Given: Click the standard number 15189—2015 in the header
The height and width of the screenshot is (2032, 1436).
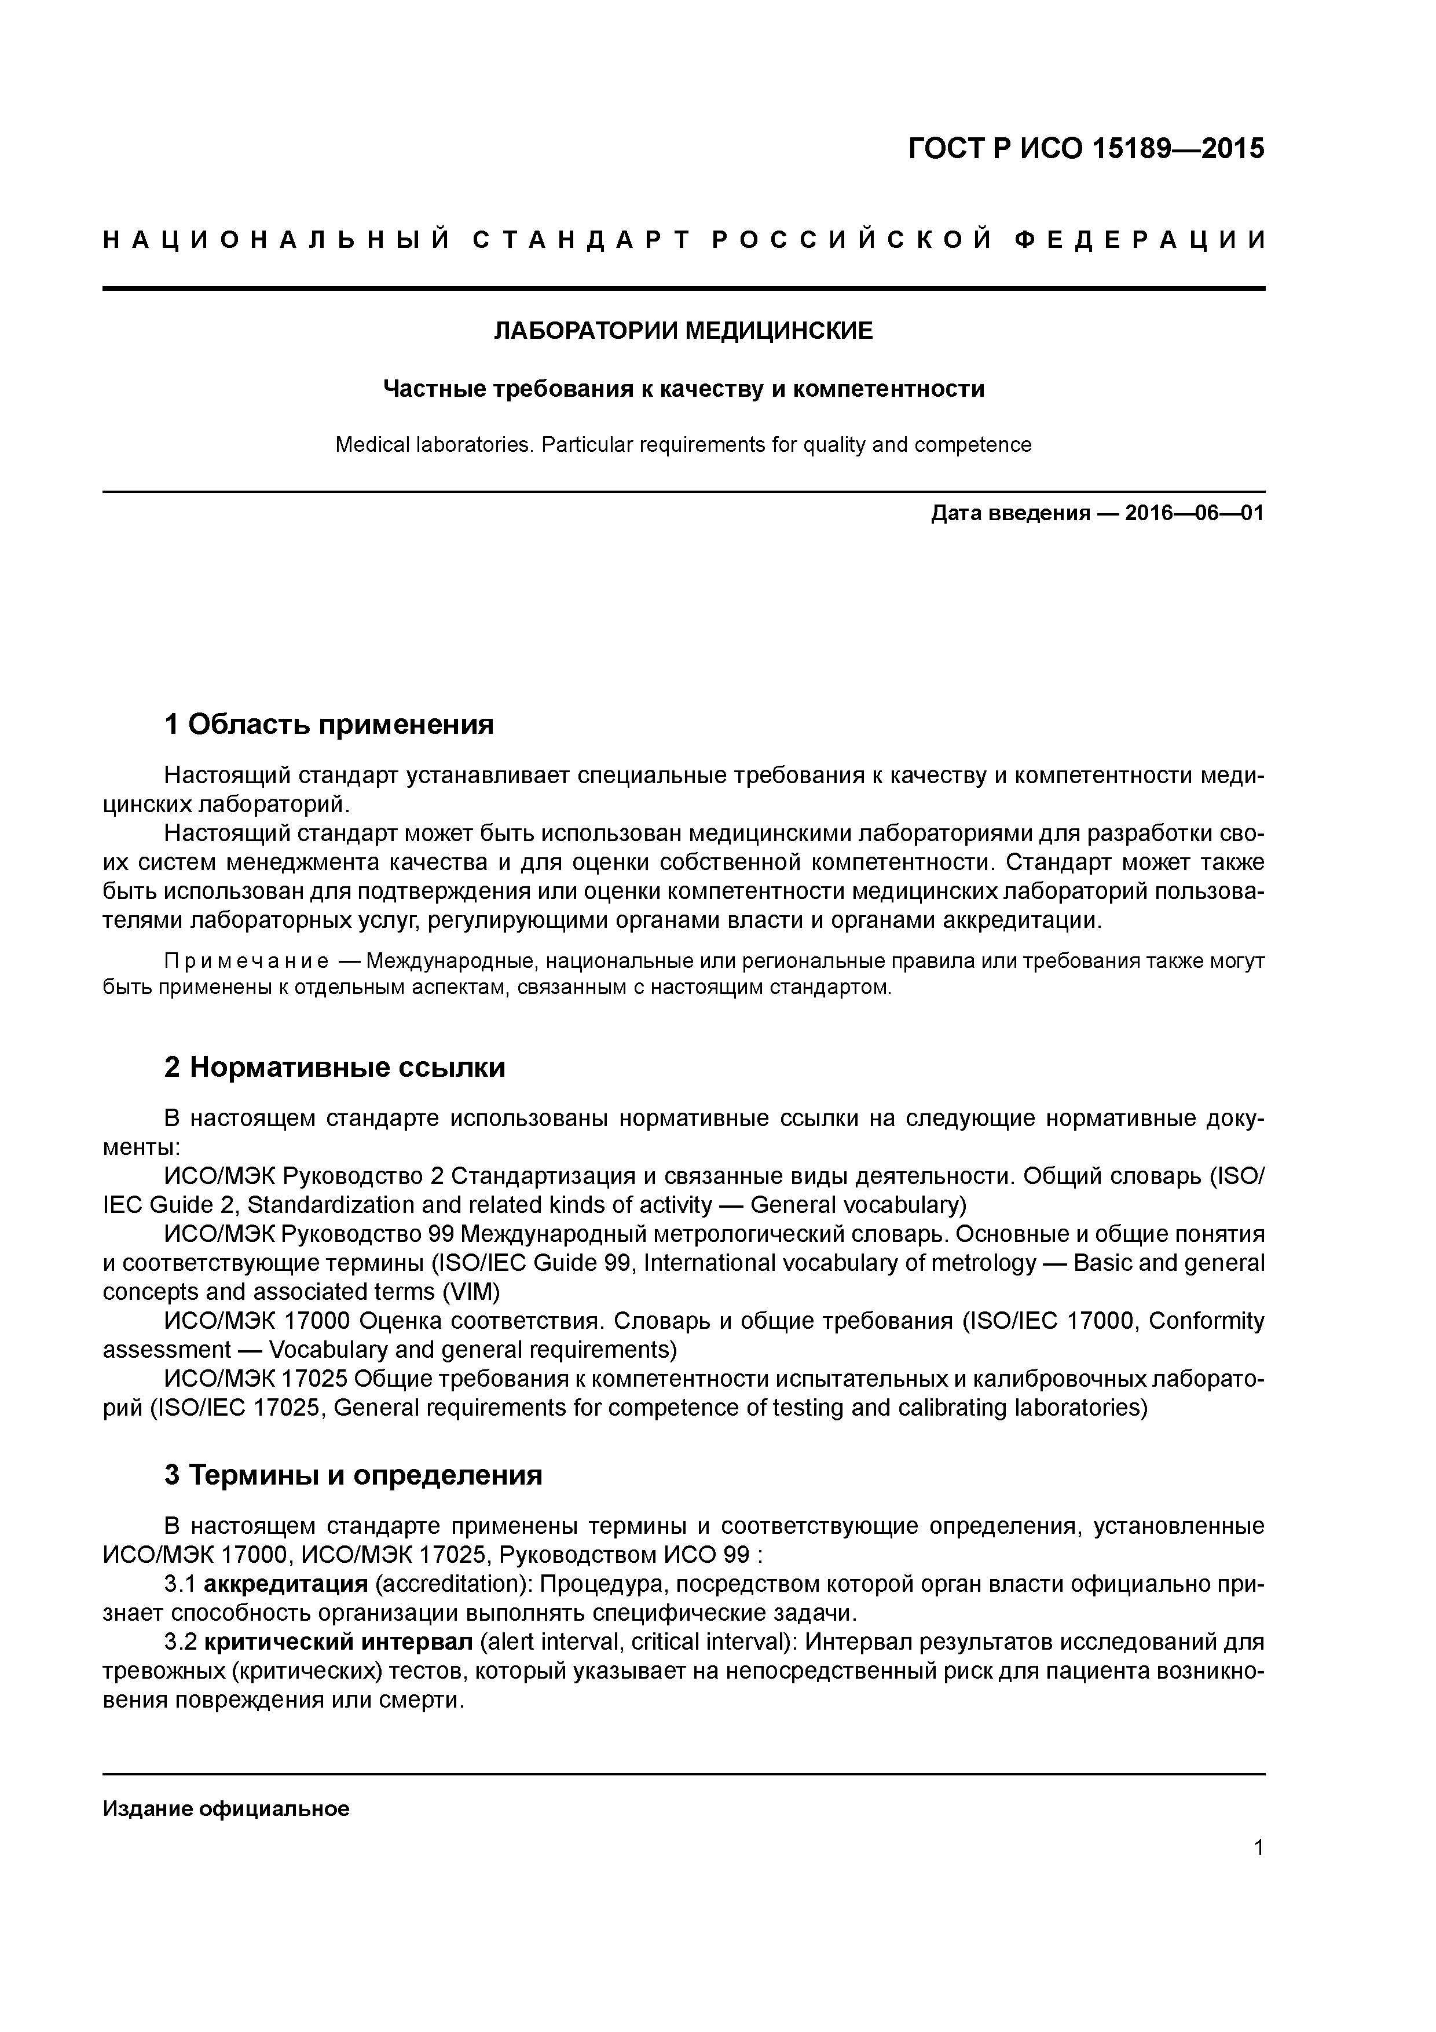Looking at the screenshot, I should coord(1176,149).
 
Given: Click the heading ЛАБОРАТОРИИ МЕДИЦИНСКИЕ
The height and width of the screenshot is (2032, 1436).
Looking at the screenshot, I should coord(682,332).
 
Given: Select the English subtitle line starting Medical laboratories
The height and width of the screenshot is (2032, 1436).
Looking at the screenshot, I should coord(682,444).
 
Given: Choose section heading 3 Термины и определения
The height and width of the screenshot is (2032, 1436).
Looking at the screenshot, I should coord(353,1475).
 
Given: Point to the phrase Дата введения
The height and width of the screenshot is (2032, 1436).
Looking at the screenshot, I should coord(1009,513).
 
